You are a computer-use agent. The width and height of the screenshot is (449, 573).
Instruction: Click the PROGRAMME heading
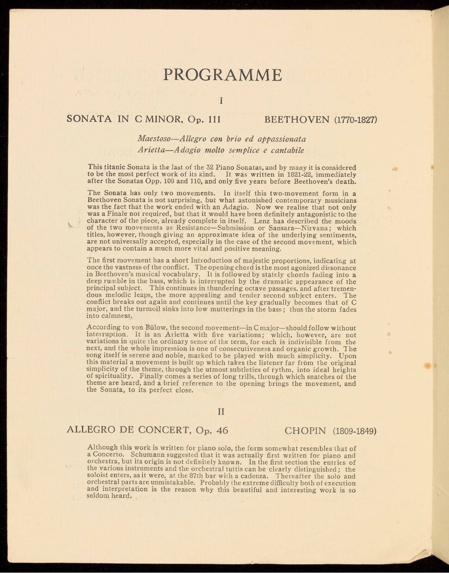(x=222, y=75)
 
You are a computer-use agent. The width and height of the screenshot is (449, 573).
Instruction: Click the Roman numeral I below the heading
(x=221, y=101)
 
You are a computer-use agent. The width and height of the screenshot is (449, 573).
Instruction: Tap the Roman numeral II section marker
(x=221, y=412)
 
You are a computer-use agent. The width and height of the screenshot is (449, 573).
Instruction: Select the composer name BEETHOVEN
(x=297, y=119)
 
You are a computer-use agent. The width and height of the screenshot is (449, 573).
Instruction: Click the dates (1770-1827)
(x=356, y=120)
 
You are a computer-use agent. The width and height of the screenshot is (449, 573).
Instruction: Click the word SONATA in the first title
(x=90, y=119)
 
